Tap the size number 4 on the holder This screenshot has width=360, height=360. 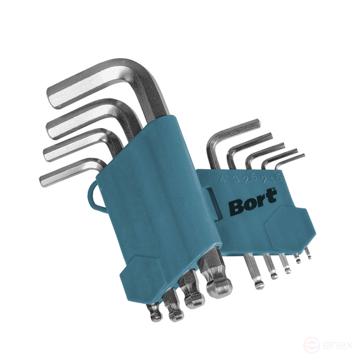[x=222, y=179]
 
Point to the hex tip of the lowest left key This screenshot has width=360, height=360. [x=45, y=179]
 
